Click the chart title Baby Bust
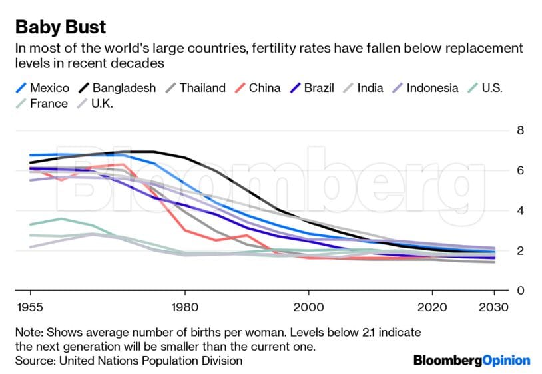coord(61,27)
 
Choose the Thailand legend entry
coord(202,88)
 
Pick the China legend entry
coord(264,88)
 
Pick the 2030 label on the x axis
coord(494,309)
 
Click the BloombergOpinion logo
coord(471,361)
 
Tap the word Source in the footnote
coord(33,361)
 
